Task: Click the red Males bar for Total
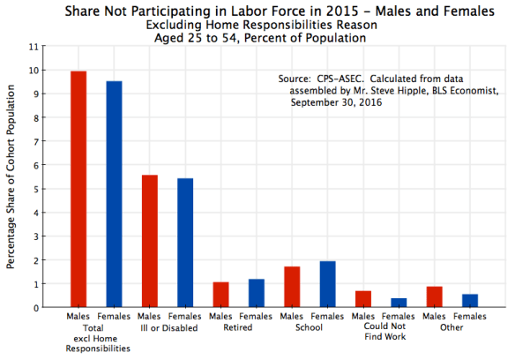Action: coord(78,190)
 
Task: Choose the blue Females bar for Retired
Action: coord(257,293)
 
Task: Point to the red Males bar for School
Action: coord(292,287)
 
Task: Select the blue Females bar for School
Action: coord(327,284)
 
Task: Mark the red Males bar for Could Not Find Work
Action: coord(362,299)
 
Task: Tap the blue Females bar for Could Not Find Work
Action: coord(399,303)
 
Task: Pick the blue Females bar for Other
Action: coord(470,301)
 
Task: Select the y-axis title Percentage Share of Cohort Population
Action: coord(11,176)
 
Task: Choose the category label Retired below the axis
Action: coord(238,326)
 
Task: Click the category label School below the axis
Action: coord(310,326)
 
